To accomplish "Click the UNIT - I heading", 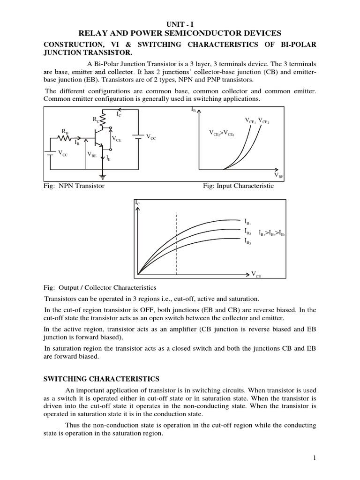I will pyautogui.click(x=180, y=23).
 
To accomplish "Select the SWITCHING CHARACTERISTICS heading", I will pyautogui.click(x=102, y=379).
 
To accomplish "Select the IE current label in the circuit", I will pyautogui.click(x=108, y=159).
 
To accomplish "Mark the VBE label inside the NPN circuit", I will pyautogui.click(x=91, y=154).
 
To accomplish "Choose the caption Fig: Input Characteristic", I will pyautogui.click(x=238, y=186).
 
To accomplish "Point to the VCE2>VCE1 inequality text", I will pyautogui.click(x=222, y=133).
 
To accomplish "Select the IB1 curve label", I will pyautogui.click(x=248, y=221).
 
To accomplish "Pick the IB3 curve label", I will pyautogui.click(x=248, y=241).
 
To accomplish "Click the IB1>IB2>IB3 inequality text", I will pyautogui.click(x=272, y=232).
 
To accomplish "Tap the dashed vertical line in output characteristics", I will pyautogui.click(x=176, y=244).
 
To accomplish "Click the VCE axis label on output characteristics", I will pyautogui.click(x=256, y=274).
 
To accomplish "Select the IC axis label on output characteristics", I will pyautogui.click(x=137, y=202).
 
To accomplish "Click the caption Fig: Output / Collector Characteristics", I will pyautogui.click(x=100, y=287).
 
